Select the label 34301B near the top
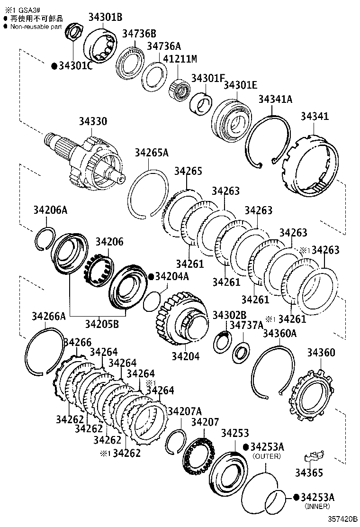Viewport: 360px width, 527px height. pos(105,18)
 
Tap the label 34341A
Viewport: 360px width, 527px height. pos(275,99)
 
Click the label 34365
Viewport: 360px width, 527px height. pos(309,472)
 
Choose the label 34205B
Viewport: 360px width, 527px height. pos(102,324)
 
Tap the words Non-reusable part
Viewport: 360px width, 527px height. pos(36,27)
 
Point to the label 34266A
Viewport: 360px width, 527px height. pos(49,316)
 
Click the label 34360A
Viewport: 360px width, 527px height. pos(279,334)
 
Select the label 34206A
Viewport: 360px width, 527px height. pos(51,210)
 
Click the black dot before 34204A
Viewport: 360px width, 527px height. pos(151,276)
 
